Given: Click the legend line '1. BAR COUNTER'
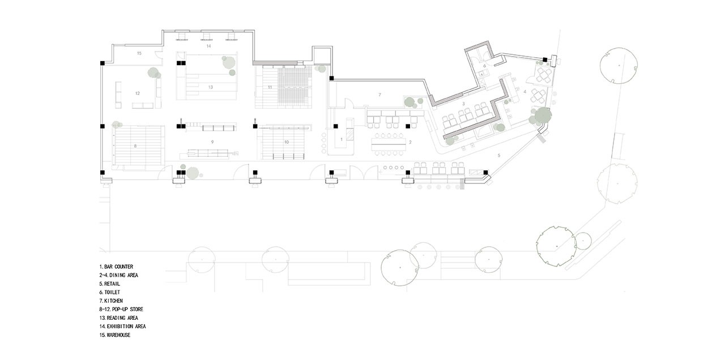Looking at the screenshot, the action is pyautogui.click(x=116, y=267).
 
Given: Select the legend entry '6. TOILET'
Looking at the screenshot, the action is pyautogui.click(x=110, y=292).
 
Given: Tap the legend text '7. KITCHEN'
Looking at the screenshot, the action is pyautogui.click(x=111, y=301).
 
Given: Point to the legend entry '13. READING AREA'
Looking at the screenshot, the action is pyautogui.click(x=119, y=318).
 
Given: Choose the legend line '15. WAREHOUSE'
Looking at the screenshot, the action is pyautogui.click(x=115, y=335).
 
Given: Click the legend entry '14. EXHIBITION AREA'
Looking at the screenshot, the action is pyautogui.click(x=123, y=327).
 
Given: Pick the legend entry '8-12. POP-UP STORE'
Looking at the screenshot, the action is pyautogui.click(x=121, y=309).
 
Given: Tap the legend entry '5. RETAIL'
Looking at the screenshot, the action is pyautogui.click(x=110, y=284).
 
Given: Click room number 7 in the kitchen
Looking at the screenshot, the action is pyautogui.click(x=379, y=95).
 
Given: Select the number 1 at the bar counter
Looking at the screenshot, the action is pyautogui.click(x=342, y=139).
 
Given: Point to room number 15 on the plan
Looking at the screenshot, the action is pyautogui.click(x=139, y=53).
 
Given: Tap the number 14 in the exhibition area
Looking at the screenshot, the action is pyautogui.click(x=209, y=46).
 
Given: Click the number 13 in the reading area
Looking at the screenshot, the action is pyautogui.click(x=211, y=87).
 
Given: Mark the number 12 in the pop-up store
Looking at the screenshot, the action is pyautogui.click(x=138, y=93).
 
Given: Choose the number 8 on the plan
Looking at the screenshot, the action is pyautogui.click(x=135, y=146).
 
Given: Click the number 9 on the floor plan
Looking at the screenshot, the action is pyautogui.click(x=212, y=142).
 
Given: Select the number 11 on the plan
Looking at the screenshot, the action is pyautogui.click(x=270, y=87).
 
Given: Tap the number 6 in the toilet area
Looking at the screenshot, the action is pyautogui.click(x=484, y=66).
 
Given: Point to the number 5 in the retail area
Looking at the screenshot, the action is pyautogui.click(x=499, y=156).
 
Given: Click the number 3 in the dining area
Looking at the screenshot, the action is pyautogui.click(x=463, y=104).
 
